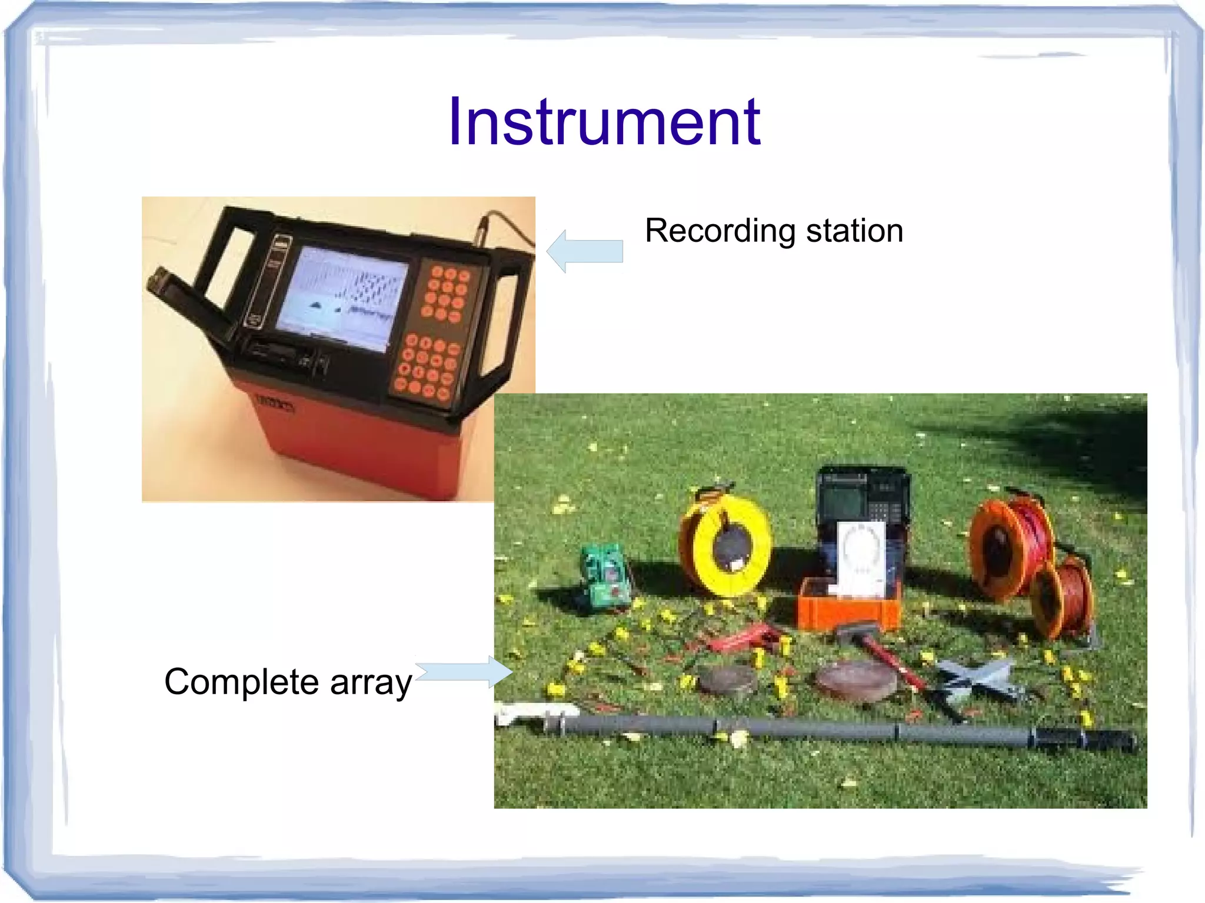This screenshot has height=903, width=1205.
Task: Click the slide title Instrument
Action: (x=604, y=122)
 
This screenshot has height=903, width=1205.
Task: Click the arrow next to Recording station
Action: (x=585, y=251)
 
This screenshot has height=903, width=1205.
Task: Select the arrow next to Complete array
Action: (x=465, y=672)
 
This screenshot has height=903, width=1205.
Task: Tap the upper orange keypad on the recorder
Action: (x=447, y=294)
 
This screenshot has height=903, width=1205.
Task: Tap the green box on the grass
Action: (x=605, y=577)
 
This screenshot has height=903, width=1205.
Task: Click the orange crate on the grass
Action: (x=847, y=606)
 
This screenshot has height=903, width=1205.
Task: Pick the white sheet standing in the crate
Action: (x=860, y=559)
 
